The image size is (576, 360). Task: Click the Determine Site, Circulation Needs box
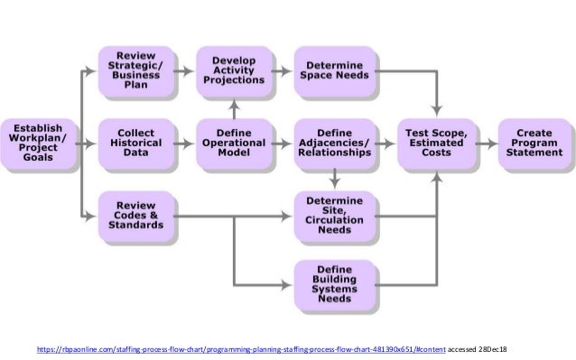point(333,216)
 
